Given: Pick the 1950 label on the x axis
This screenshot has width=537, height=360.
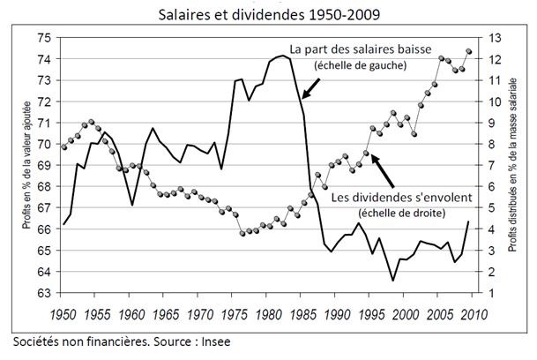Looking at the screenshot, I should pos(63,313).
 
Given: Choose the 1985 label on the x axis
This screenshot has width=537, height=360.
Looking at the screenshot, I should pos(302,313).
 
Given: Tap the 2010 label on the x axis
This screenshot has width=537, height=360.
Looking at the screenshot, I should pos(474,313).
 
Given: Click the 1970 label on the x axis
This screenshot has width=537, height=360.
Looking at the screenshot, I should pos(200,313).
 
